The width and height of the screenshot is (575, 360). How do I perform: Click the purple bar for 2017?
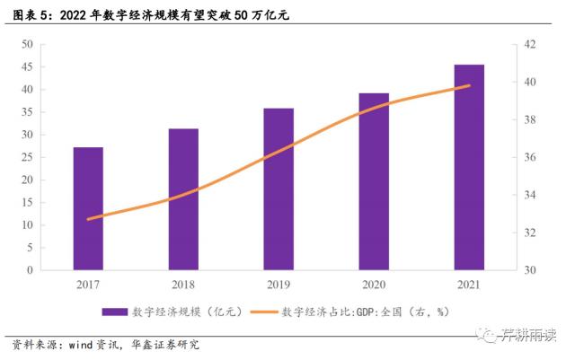(88, 208)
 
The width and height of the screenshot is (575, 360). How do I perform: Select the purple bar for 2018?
(183, 199)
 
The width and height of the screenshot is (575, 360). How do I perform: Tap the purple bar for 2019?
(279, 189)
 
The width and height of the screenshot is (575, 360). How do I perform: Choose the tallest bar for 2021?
(469, 167)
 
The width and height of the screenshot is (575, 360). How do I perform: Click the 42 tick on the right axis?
(530, 45)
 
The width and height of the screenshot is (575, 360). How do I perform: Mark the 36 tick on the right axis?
(530, 157)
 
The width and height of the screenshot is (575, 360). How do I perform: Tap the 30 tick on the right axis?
(530, 269)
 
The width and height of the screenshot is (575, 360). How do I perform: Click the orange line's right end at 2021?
(469, 86)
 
